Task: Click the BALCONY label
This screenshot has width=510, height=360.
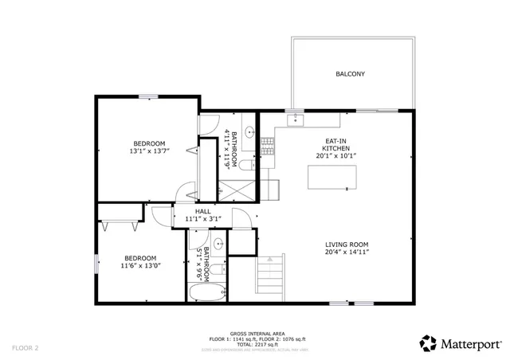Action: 350,74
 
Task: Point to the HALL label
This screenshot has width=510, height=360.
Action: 191,210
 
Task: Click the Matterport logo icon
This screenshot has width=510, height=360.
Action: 428,343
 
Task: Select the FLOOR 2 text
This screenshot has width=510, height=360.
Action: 25,348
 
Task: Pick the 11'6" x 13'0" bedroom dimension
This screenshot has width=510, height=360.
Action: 139,266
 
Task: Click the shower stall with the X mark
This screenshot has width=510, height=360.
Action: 236,190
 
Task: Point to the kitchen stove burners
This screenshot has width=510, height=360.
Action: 267,145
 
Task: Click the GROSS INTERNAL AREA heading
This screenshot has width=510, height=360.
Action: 253,332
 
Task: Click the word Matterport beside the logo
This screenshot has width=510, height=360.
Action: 472,343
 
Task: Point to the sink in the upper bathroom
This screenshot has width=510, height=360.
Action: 249,132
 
